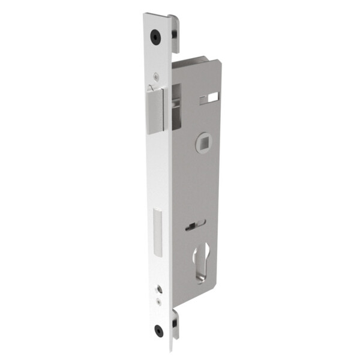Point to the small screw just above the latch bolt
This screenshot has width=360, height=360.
(x=156, y=76)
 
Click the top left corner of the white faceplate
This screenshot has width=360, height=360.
(x=145, y=15)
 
